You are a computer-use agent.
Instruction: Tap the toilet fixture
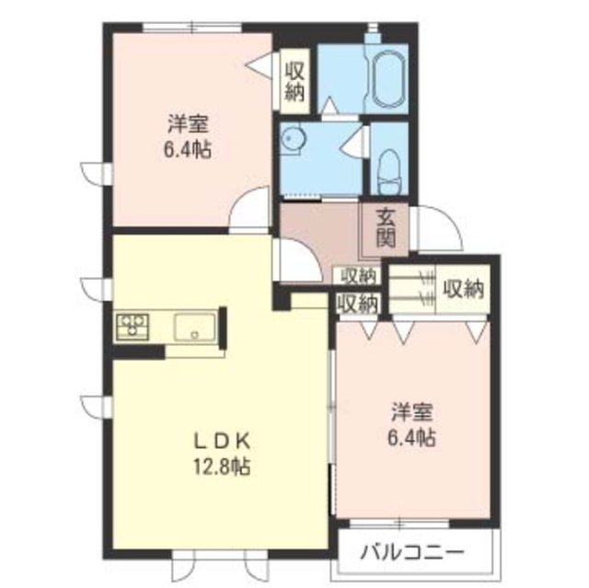[x=388, y=171]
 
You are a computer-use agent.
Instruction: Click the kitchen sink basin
[x=194, y=327]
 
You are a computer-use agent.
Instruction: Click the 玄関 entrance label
[x=386, y=229]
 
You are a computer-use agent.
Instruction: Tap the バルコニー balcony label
[x=412, y=552]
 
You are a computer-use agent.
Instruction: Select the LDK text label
[x=221, y=443]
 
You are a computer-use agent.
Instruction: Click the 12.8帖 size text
[x=221, y=467]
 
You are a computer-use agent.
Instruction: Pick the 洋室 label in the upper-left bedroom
[x=188, y=123]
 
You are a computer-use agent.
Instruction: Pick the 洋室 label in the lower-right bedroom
[x=412, y=412]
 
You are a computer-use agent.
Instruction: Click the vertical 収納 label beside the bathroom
[x=294, y=81]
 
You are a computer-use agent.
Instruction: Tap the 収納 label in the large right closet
[x=463, y=290]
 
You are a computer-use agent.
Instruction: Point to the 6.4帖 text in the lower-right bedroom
[x=411, y=437]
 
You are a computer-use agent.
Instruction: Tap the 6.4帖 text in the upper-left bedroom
[x=187, y=149]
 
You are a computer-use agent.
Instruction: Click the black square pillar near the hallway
[x=282, y=298]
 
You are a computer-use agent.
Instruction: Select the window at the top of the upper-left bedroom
[x=192, y=27]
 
